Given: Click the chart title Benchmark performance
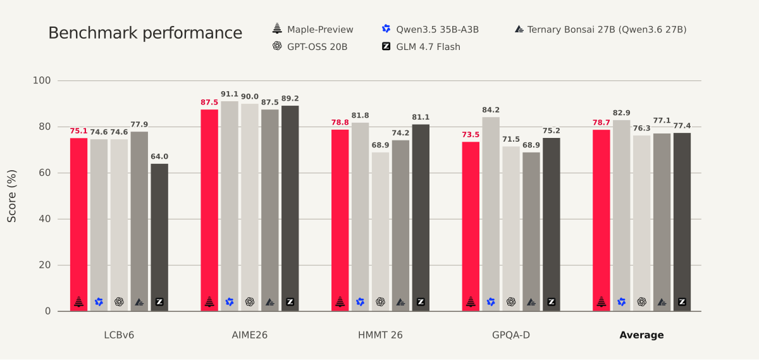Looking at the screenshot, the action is click(x=145, y=34).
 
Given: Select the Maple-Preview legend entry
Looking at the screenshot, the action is click(x=312, y=30).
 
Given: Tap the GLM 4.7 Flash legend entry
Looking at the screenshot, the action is click(x=421, y=46).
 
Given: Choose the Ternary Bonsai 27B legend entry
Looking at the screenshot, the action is click(x=600, y=30).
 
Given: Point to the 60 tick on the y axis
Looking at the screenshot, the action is click(x=44, y=173).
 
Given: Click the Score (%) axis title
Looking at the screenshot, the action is click(x=11, y=196).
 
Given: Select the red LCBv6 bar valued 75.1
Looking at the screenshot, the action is click(x=78, y=225).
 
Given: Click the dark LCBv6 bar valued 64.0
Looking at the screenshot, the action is click(x=159, y=237).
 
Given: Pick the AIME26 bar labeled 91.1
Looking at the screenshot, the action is click(x=230, y=206).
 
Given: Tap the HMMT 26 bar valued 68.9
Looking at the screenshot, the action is click(x=380, y=232).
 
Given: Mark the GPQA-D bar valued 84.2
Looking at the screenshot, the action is click(x=491, y=214).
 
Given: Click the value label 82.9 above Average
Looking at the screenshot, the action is click(x=621, y=113).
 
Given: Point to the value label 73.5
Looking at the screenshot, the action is click(x=471, y=135).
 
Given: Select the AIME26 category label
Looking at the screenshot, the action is click(x=250, y=335).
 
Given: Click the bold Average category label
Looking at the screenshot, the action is click(x=641, y=335).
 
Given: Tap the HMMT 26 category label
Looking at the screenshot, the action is click(x=380, y=335).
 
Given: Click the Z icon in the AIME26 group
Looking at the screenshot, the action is click(x=290, y=302).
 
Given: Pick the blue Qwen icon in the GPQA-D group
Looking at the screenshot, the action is click(x=491, y=302).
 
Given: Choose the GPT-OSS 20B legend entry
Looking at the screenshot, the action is click(x=310, y=46).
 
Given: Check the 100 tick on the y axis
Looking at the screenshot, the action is click(x=42, y=80).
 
